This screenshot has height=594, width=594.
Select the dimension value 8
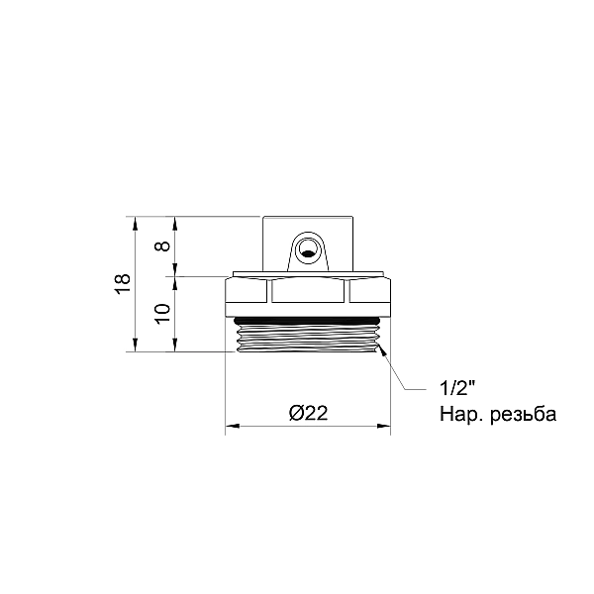point(163,246)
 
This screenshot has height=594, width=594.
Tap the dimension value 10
point(163,313)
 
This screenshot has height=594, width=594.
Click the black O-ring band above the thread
point(307,320)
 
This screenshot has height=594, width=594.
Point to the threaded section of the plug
point(307,340)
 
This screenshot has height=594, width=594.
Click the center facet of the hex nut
point(308,291)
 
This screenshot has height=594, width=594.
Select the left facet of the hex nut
point(247,291)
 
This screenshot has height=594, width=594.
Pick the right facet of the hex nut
point(367,291)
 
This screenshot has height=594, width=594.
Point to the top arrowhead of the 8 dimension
point(175,221)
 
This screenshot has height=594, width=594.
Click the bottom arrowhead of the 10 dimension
point(175,346)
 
